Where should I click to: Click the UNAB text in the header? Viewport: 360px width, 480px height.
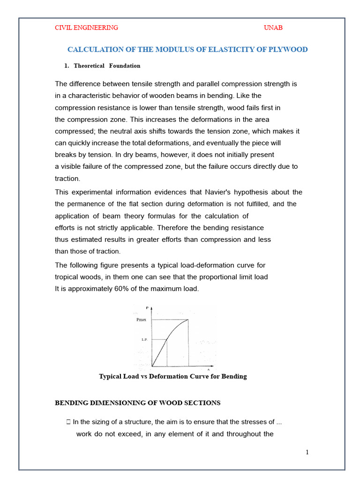tap(273, 28)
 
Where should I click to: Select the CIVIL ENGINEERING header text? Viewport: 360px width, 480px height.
tap(86, 28)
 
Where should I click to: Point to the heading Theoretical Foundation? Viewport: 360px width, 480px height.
tap(107, 66)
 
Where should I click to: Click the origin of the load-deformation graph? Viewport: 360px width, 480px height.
tap(152, 366)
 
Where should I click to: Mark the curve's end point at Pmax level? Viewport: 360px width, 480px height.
tap(188, 320)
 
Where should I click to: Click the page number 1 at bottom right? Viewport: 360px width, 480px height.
tap(307, 452)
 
